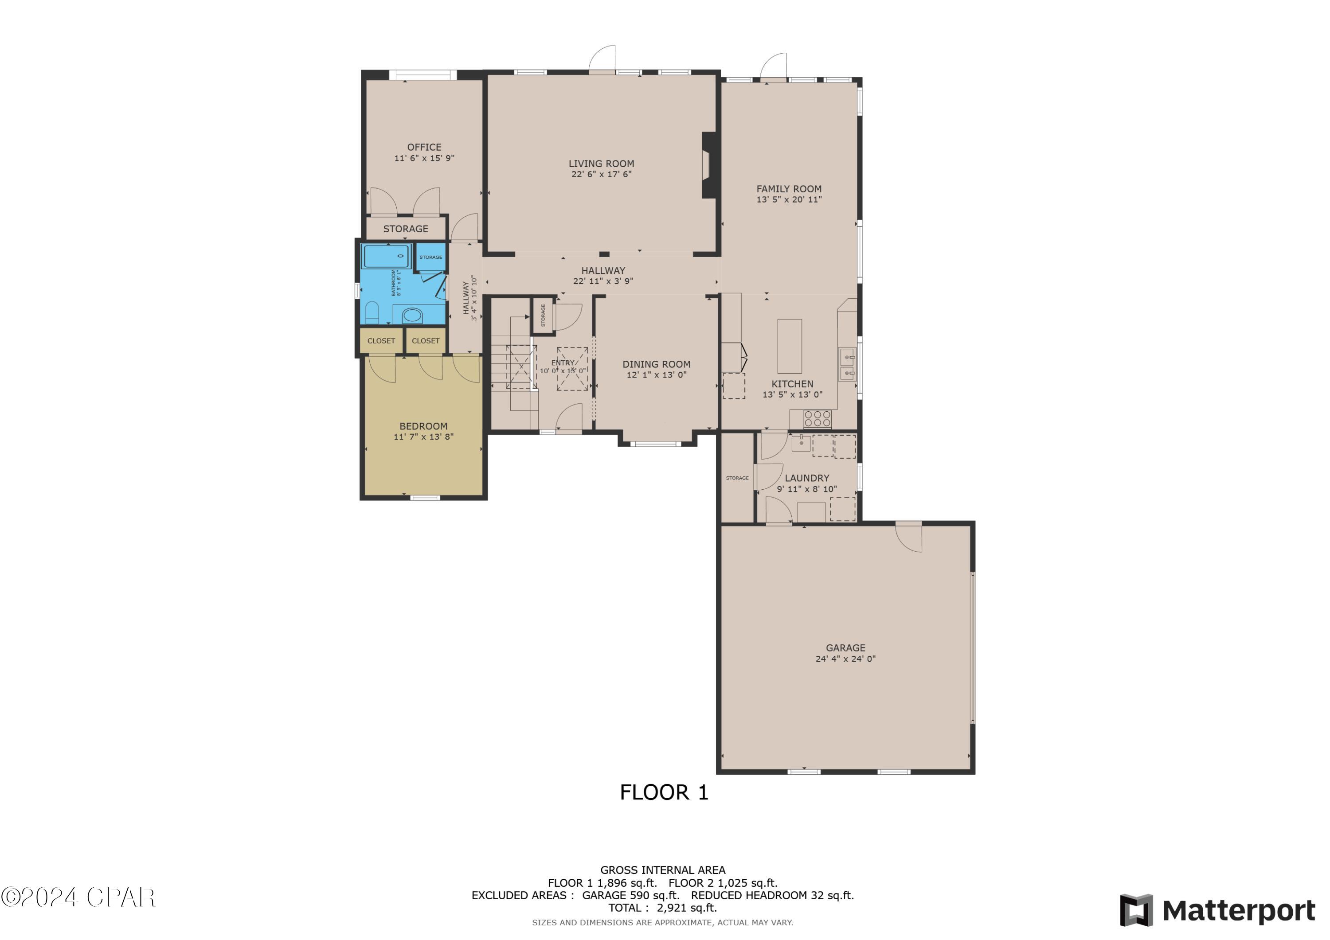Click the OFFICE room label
tap(424, 147)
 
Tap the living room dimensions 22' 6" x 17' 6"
tap(601, 174)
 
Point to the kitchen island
tap(789, 346)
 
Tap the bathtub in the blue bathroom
tap(387, 256)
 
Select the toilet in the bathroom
tap(372, 313)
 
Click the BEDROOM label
tap(423, 426)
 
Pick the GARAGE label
tap(845, 648)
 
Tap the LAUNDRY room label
tap(806, 478)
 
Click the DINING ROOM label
tap(656, 364)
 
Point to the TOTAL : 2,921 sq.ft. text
tap(662, 908)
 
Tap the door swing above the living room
tap(602, 59)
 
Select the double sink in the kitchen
tap(847, 364)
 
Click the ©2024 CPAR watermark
tap(78, 897)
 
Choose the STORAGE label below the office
tap(406, 229)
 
